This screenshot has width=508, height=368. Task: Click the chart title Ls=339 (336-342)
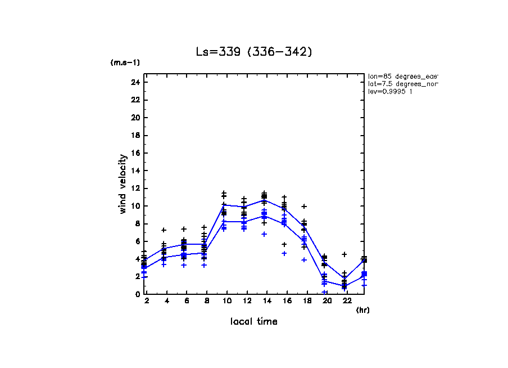pos(253,52)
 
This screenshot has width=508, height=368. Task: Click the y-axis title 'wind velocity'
pos(123,183)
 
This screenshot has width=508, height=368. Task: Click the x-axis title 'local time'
pos(253,321)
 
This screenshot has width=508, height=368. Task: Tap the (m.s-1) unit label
pos(125,63)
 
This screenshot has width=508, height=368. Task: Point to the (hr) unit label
pos(362,309)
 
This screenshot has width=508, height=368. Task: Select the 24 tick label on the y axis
pos(135,82)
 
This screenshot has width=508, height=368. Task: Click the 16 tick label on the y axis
pos(135,153)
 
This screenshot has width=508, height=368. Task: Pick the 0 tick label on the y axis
pos(137,294)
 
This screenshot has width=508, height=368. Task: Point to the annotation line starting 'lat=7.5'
pos(402,84)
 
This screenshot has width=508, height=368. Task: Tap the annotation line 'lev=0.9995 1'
pos(390,92)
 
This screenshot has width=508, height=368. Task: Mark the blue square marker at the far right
pos(364,274)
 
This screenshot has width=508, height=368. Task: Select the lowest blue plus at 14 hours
pos(264,234)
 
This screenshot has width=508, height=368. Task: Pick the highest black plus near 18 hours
pos(304,207)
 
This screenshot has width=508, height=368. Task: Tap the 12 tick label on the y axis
pos(135,189)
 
